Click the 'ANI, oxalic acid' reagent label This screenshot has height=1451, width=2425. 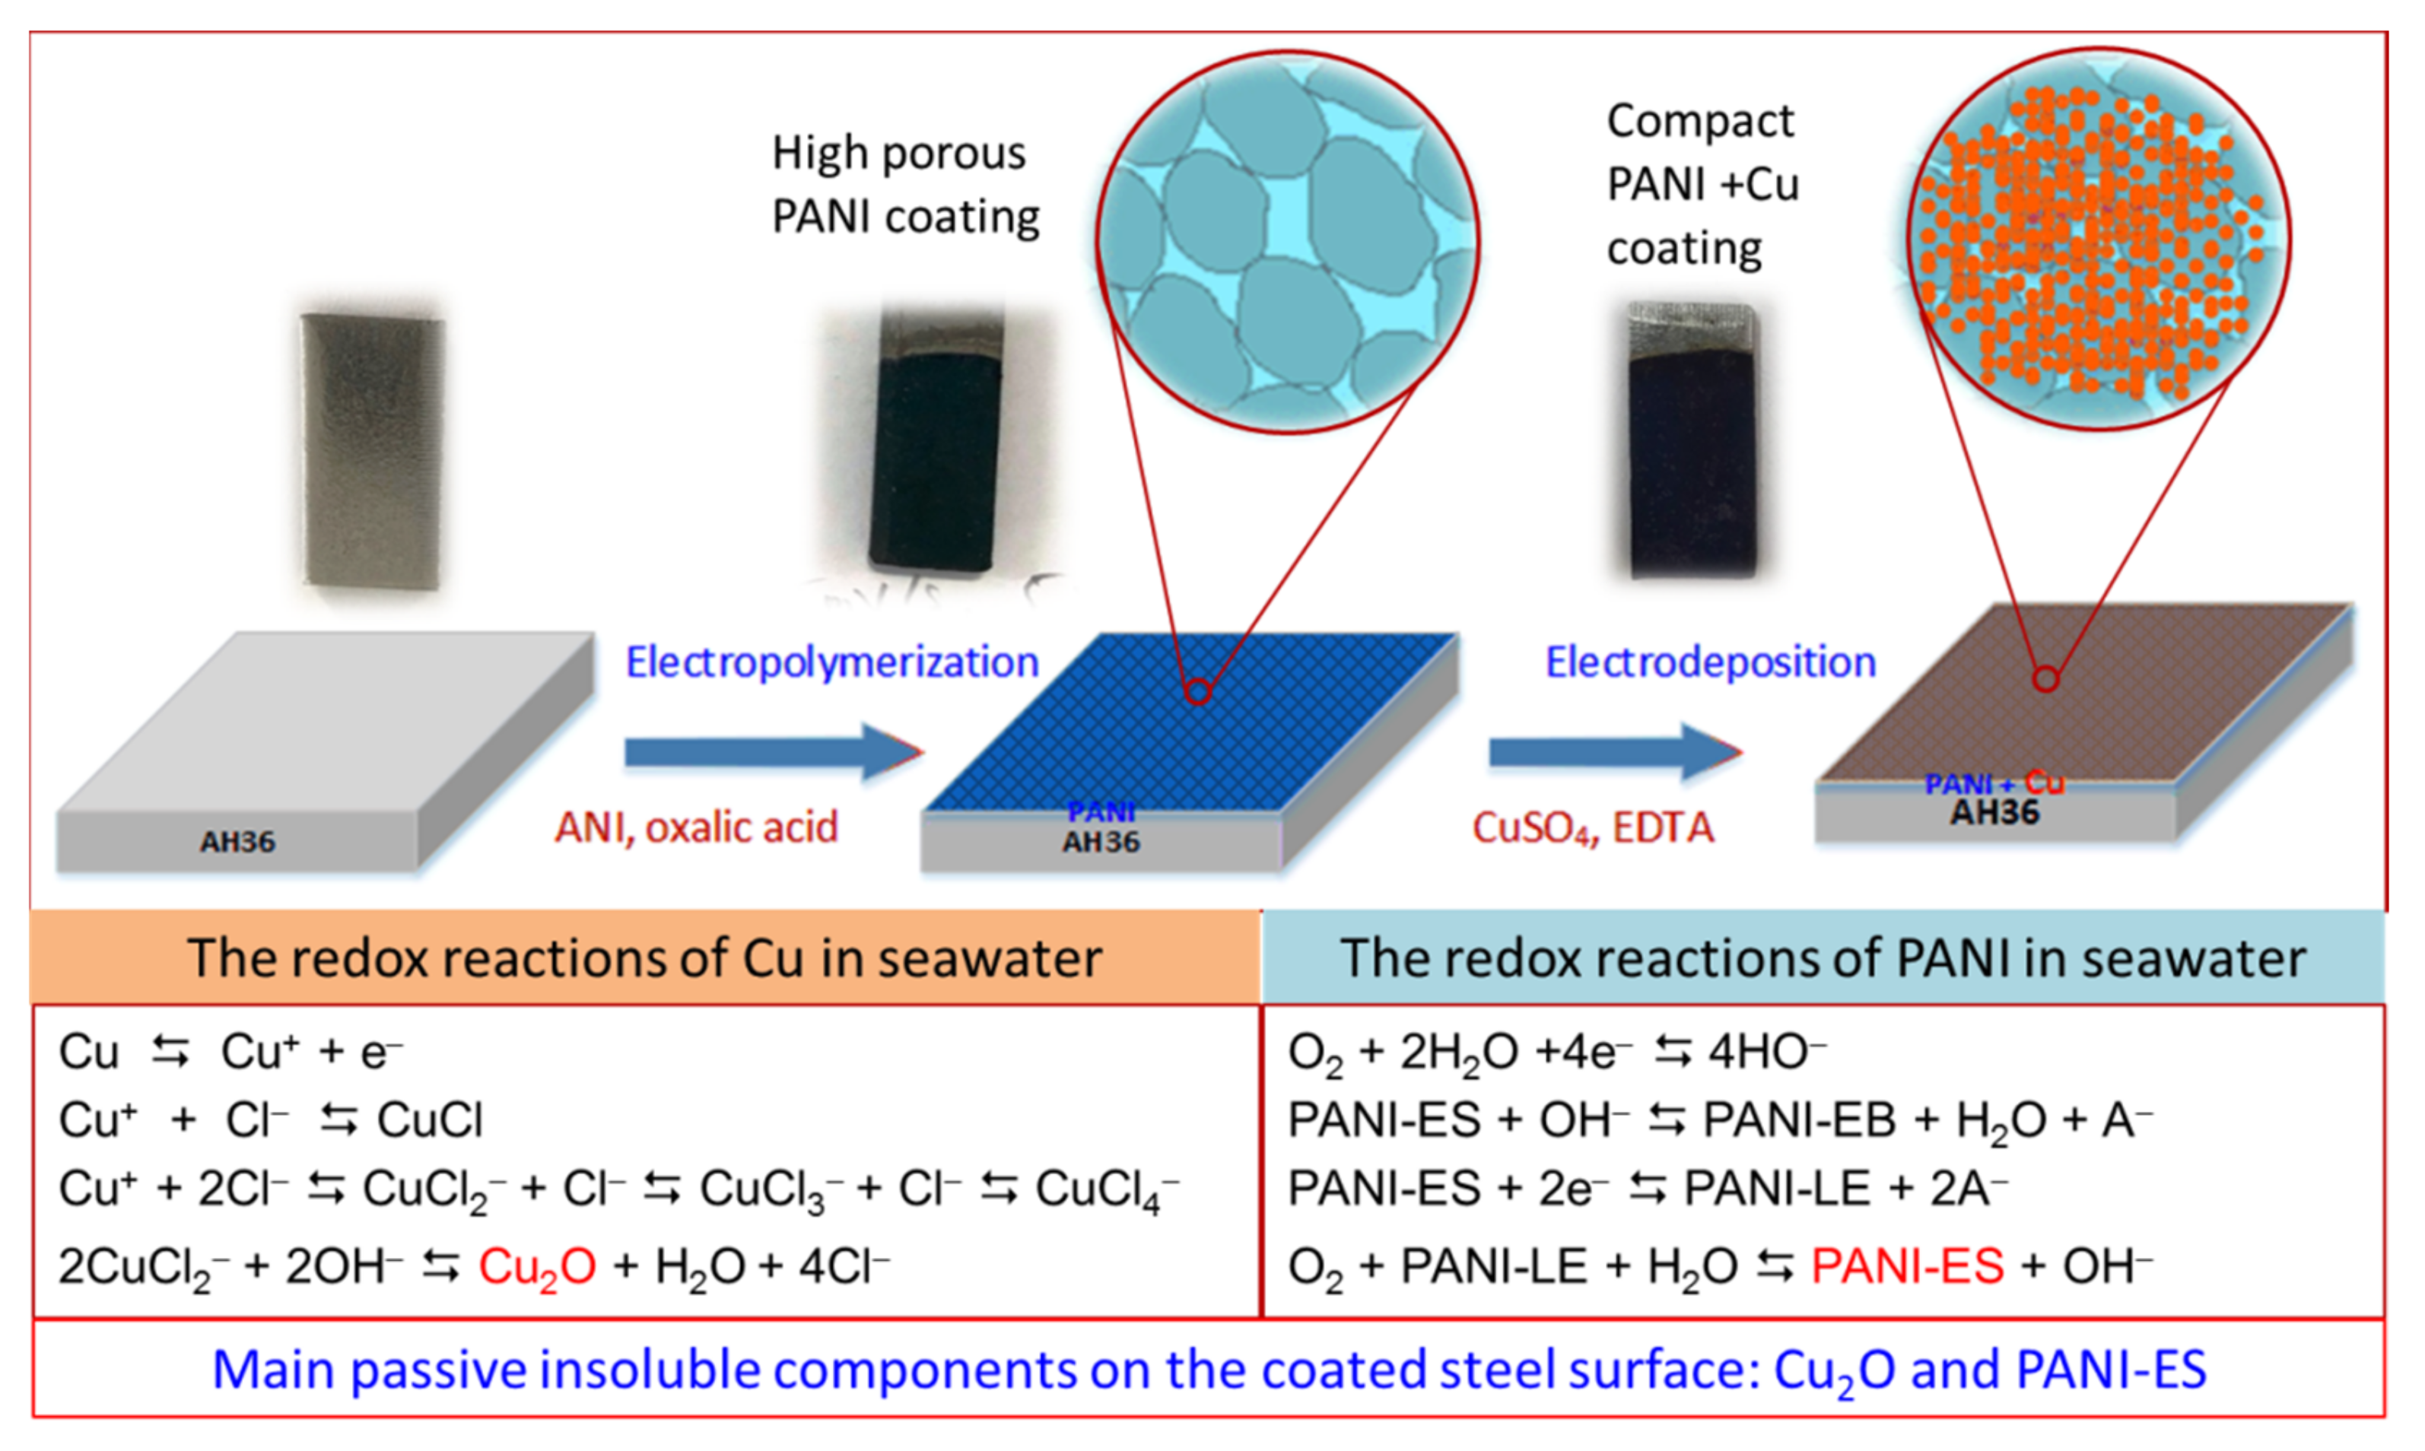tap(696, 827)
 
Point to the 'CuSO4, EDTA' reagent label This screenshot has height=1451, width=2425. tap(1593, 828)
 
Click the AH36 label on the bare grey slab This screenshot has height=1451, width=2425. tap(237, 842)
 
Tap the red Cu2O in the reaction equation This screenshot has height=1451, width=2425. tap(537, 1267)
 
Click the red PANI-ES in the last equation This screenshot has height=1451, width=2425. tap(1907, 1266)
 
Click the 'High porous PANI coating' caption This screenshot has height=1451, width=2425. tap(904, 185)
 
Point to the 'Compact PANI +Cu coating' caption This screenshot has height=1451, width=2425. tap(1702, 185)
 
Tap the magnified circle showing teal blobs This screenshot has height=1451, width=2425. tap(1287, 243)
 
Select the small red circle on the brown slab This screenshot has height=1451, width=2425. tap(2045, 678)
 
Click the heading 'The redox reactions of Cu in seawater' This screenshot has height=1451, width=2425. tap(644, 957)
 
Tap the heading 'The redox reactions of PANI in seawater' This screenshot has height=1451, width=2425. tap(1823, 957)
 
